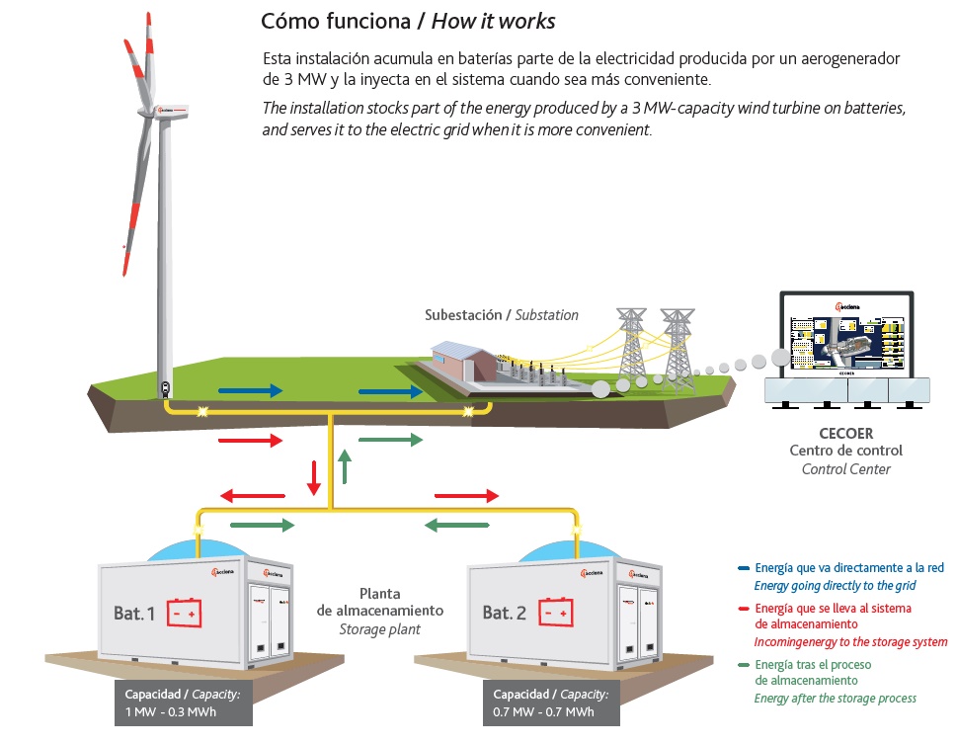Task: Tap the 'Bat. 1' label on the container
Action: click(x=134, y=614)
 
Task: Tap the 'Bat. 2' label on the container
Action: click(x=504, y=613)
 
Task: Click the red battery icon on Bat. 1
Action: click(x=183, y=613)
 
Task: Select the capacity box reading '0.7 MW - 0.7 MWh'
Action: click(x=551, y=704)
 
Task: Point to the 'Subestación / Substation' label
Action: click(x=501, y=315)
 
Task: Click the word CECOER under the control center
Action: click(x=846, y=433)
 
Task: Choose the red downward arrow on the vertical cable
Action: click(x=314, y=476)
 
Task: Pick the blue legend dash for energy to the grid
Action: click(x=744, y=568)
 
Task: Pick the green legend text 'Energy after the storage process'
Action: click(x=836, y=699)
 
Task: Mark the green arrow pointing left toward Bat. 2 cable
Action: click(x=458, y=525)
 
